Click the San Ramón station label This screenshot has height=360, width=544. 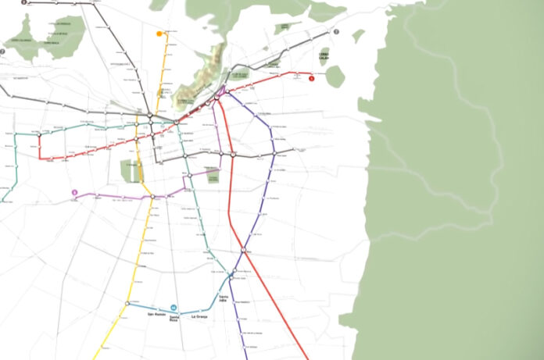click(156, 314)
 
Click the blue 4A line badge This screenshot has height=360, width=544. click(174, 307)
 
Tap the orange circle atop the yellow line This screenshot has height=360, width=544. click(159, 34)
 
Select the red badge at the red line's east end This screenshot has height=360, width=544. click(311, 77)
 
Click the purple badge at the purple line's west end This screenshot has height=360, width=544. click(74, 193)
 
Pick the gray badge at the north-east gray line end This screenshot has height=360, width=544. click(336, 32)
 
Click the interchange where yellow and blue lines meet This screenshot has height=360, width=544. click(126, 302)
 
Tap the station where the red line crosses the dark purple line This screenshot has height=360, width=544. click(244, 250)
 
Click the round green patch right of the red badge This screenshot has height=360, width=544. click(335, 76)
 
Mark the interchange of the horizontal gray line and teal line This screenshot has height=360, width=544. click(185, 155)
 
